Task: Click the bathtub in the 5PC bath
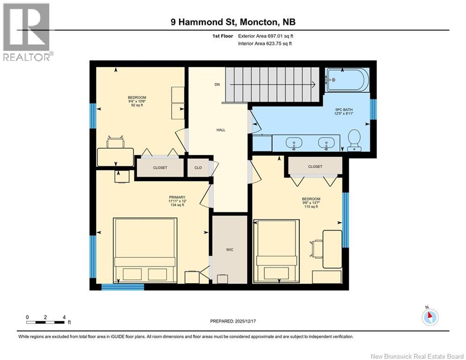pyautogui.click(x=348, y=80)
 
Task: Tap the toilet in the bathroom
pyautogui.click(x=354, y=140)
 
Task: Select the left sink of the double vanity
pyautogui.click(x=294, y=142)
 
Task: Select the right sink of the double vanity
pyautogui.click(x=324, y=142)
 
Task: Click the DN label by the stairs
pyautogui.click(x=217, y=85)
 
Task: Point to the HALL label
pyautogui.click(x=221, y=130)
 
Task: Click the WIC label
pyautogui.click(x=229, y=249)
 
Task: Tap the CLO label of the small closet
pyautogui.click(x=198, y=167)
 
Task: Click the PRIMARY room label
pyautogui.click(x=177, y=197)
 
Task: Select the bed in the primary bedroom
pyautogui.click(x=145, y=250)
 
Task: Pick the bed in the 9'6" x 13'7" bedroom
pyautogui.click(x=276, y=251)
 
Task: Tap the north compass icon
pyautogui.click(x=429, y=316)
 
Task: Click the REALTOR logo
pyautogui.click(x=27, y=31)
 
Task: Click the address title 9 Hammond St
pyautogui.click(x=233, y=22)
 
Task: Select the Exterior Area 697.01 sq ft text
pyautogui.click(x=266, y=36)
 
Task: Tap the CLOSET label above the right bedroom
pyautogui.click(x=315, y=166)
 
